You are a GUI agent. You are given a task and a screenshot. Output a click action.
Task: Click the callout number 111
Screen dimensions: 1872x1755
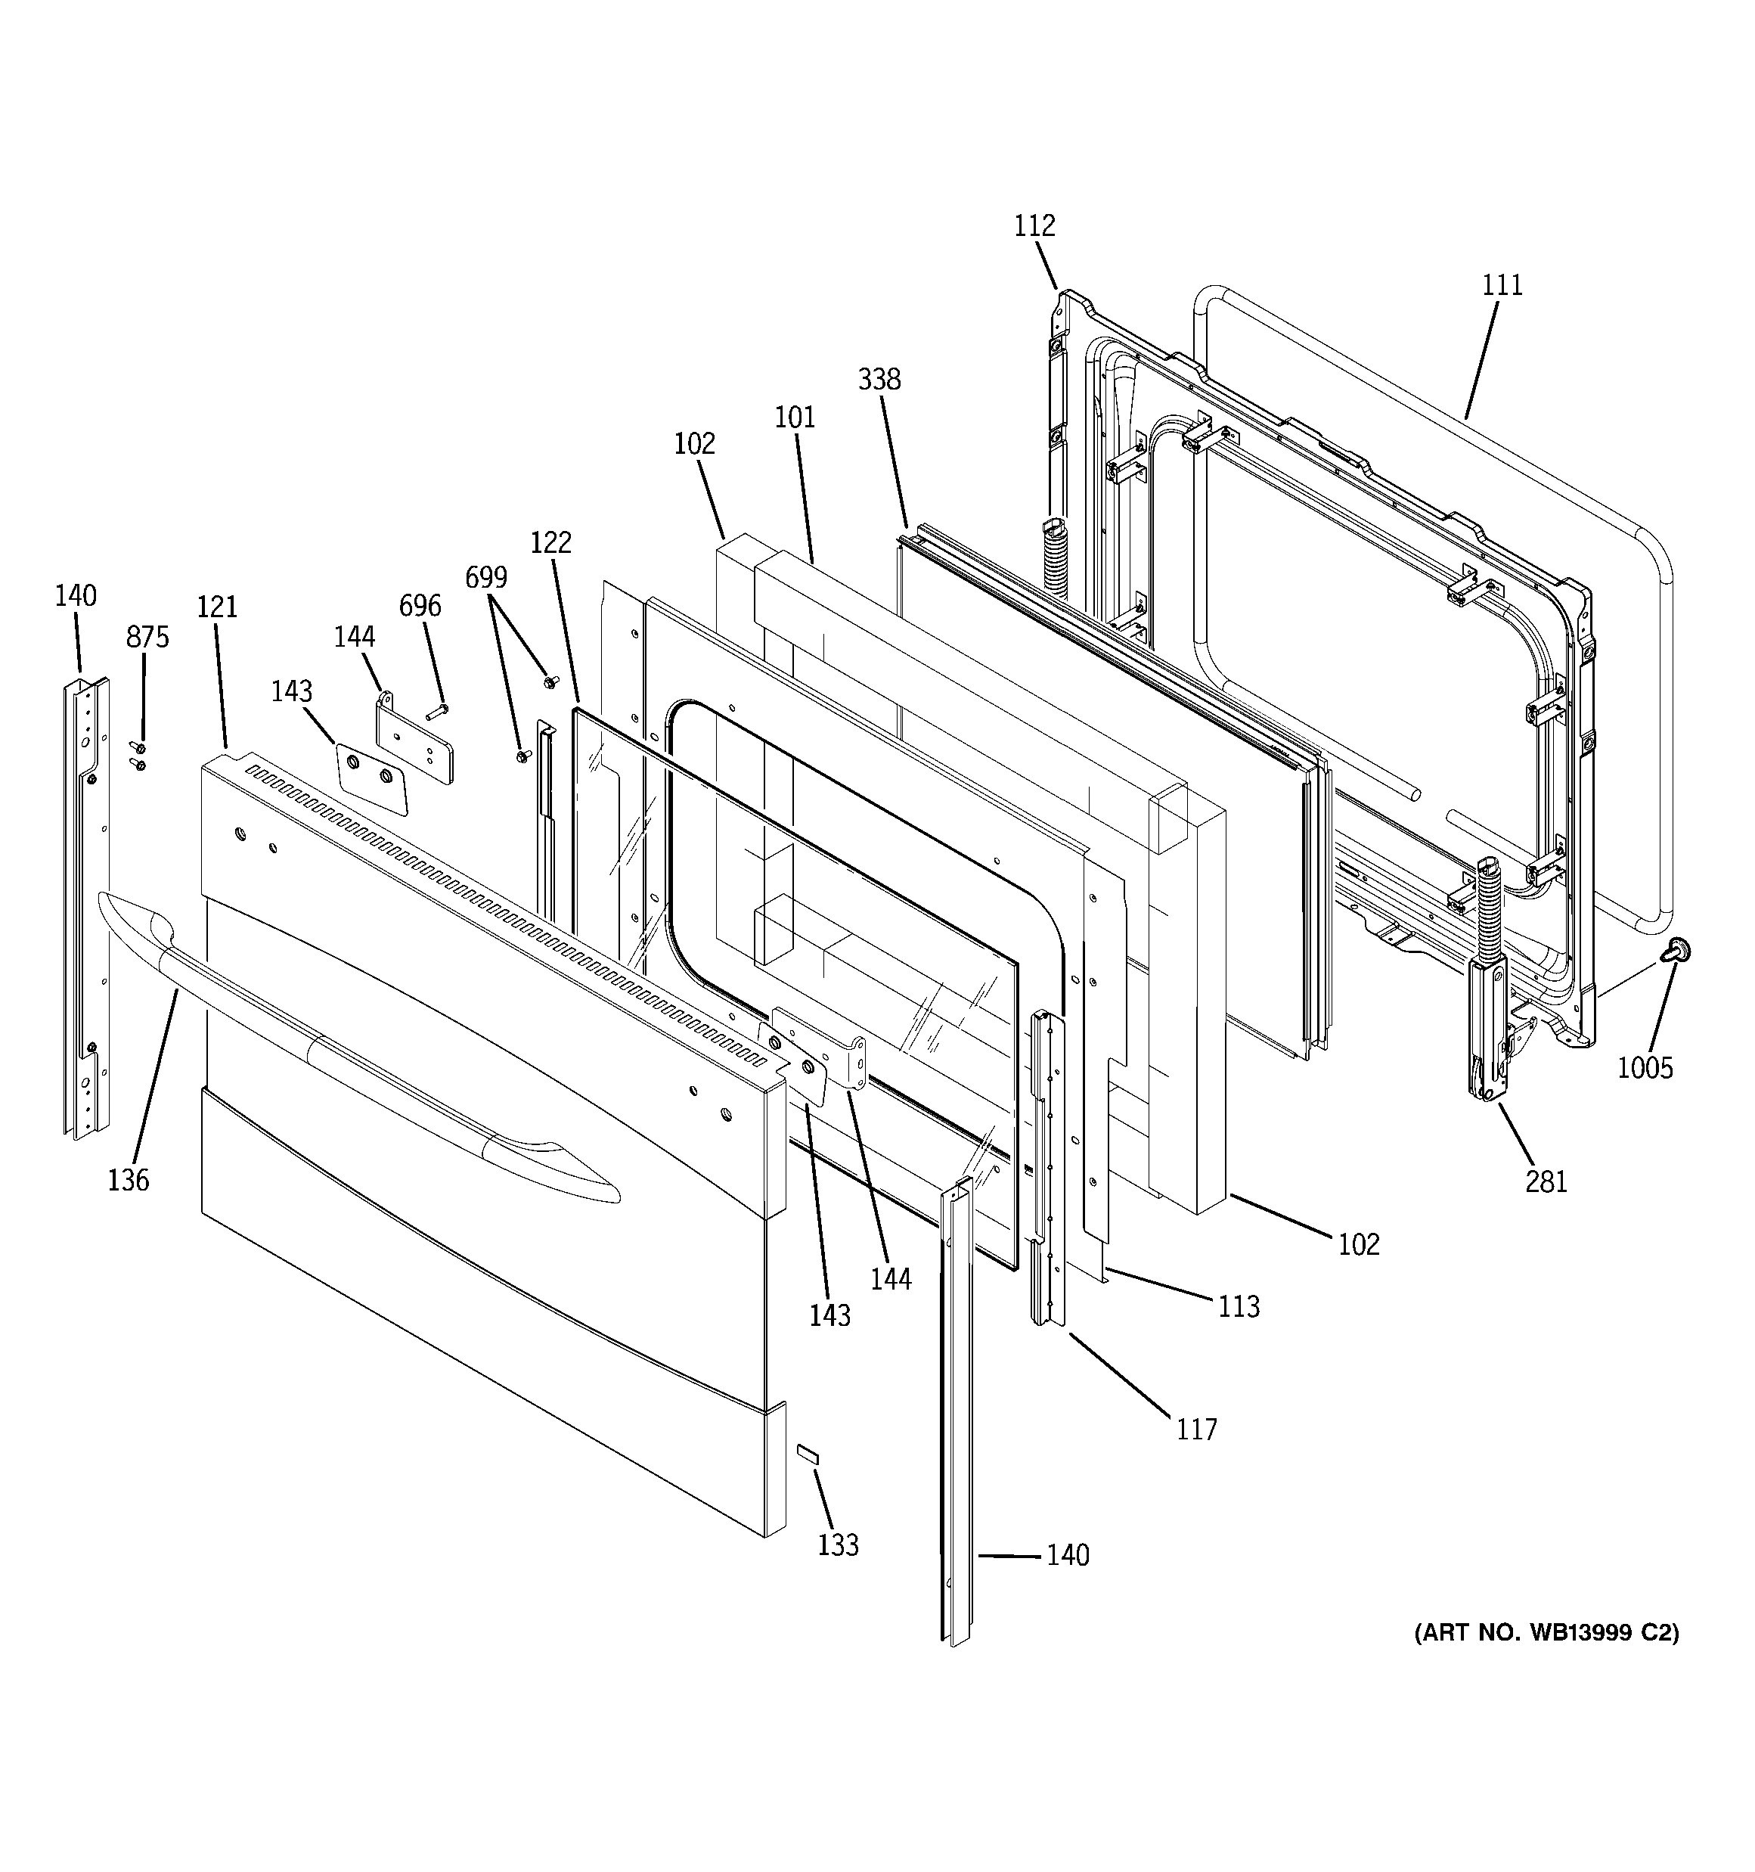1502,285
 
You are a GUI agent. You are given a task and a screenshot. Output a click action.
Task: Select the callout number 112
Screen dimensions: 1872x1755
1034,226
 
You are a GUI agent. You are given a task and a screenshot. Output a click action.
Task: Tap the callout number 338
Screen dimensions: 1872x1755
879,380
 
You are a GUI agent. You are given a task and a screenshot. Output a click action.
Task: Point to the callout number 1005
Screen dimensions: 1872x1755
1645,1068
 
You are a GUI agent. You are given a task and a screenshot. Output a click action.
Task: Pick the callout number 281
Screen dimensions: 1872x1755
1546,1181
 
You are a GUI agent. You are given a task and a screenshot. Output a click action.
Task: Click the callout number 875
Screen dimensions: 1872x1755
147,638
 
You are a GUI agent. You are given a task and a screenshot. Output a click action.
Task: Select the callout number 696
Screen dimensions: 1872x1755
419,606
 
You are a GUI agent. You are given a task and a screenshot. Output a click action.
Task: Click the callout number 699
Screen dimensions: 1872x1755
486,577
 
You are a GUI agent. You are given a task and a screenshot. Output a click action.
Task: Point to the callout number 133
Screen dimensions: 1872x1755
838,1545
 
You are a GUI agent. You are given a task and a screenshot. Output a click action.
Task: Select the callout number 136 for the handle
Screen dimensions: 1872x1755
128,1180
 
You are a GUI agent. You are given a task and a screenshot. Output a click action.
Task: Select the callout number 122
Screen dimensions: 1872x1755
550,542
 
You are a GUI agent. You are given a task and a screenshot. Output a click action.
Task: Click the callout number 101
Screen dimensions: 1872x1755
795,418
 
